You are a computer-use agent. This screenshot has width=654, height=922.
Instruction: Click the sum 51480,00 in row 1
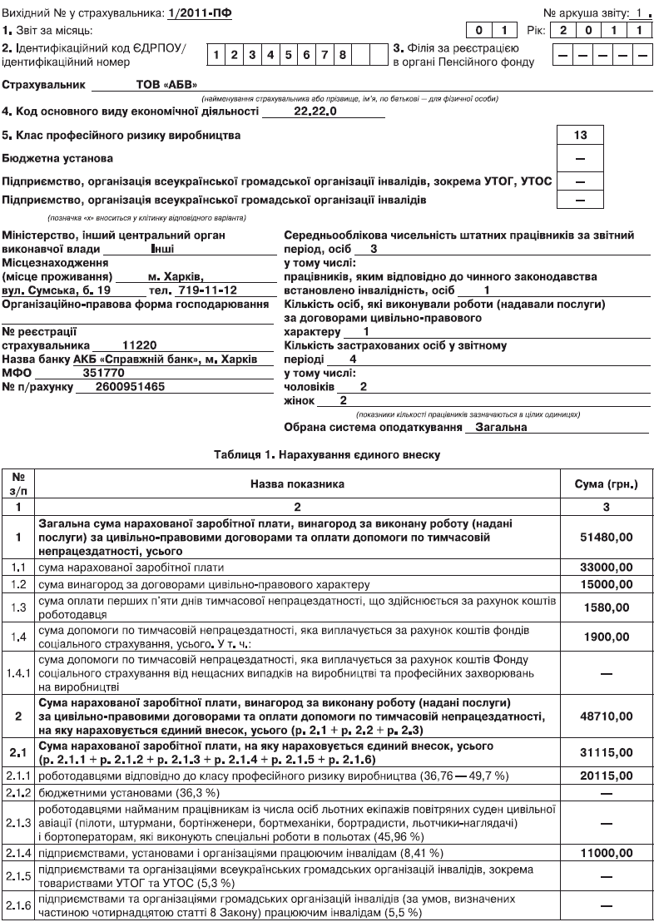[606, 539]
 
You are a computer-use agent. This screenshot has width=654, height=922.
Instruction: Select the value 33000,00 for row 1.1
[606, 568]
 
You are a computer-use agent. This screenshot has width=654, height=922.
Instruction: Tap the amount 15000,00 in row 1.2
[606, 585]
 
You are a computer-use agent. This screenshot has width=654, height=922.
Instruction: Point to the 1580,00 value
[606, 608]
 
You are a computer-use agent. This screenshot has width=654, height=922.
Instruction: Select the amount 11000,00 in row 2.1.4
[606, 853]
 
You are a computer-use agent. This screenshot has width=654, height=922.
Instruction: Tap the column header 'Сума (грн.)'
[606, 483]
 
